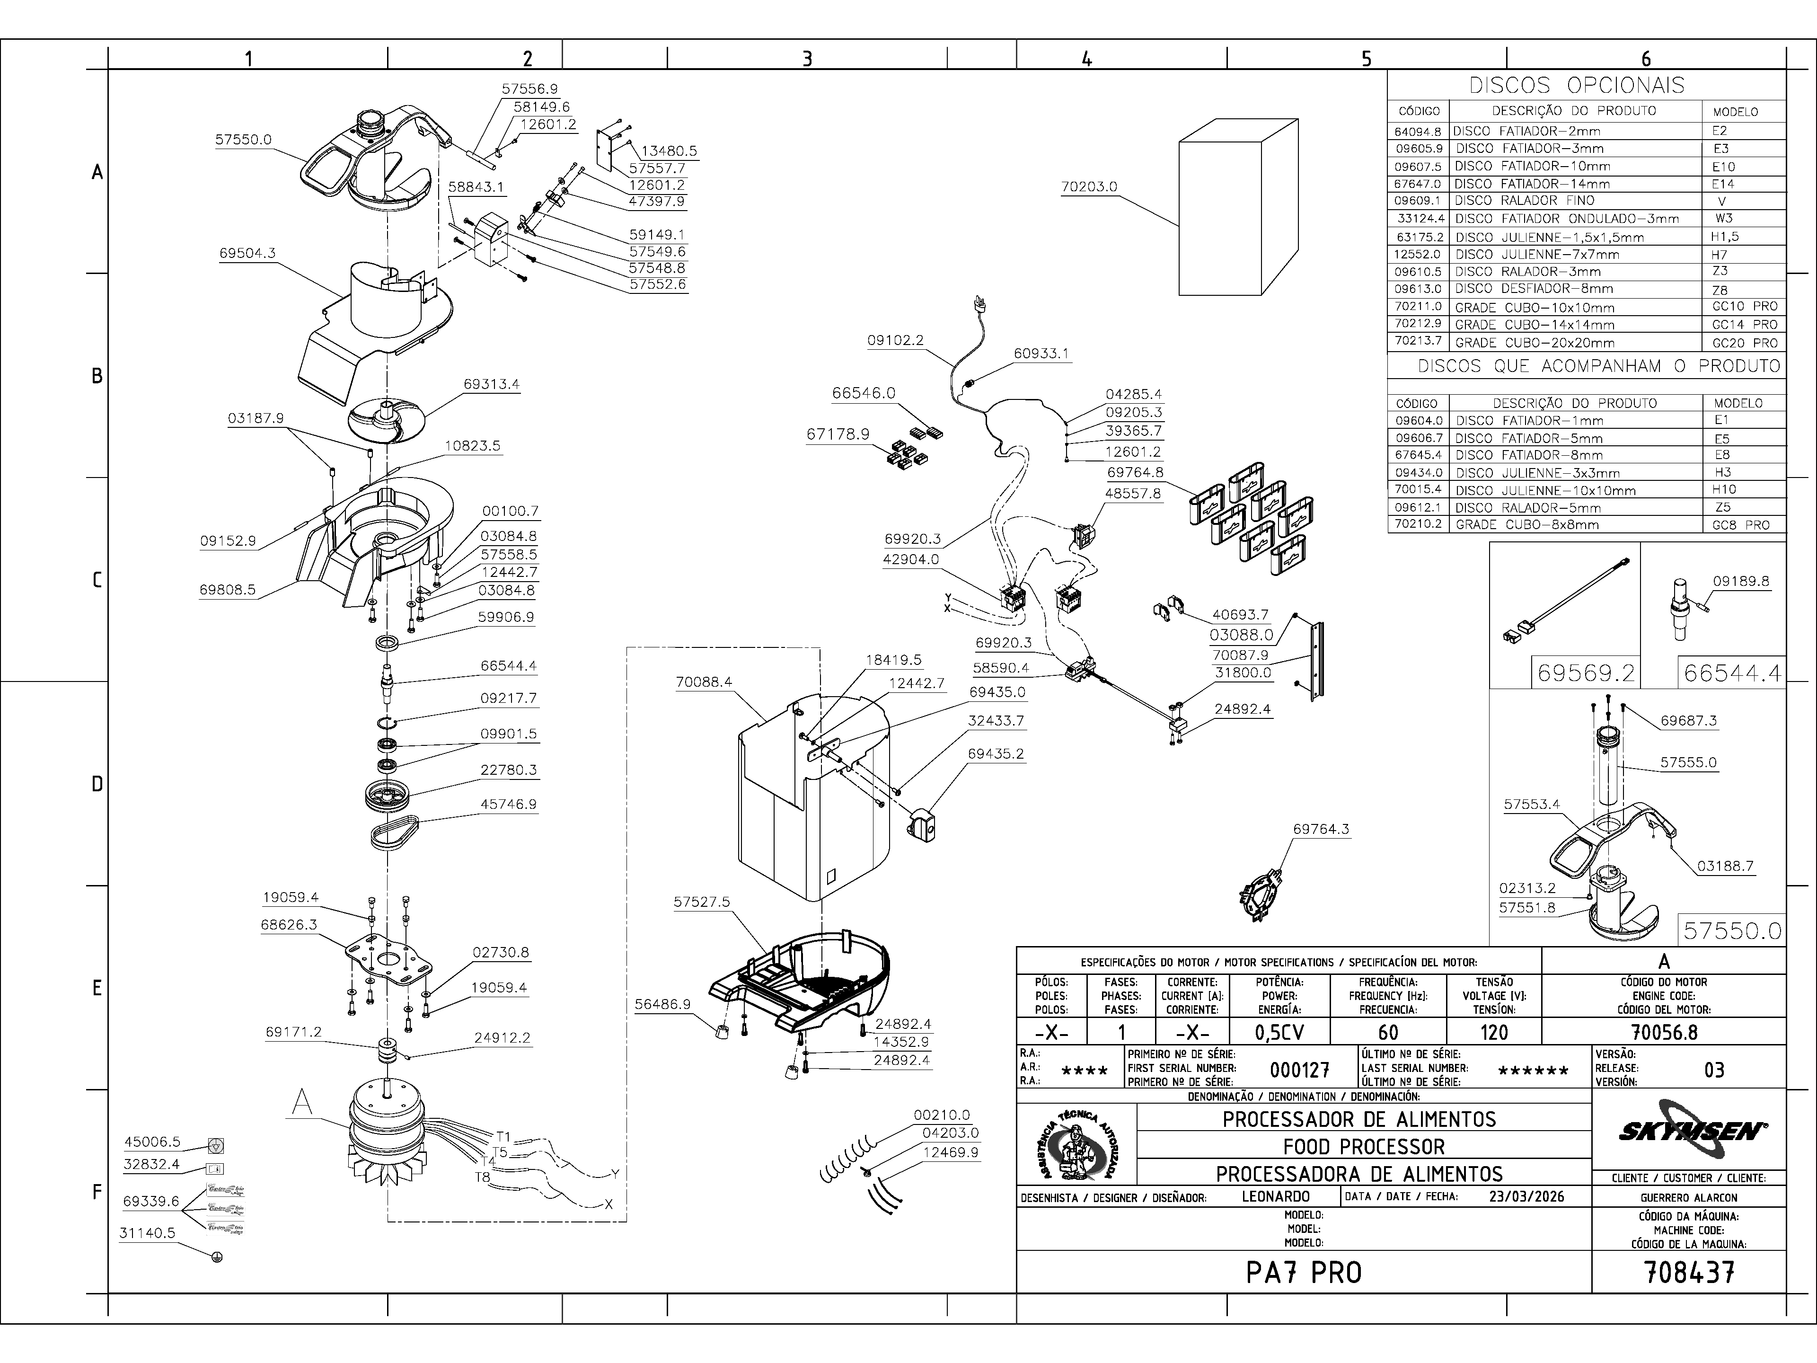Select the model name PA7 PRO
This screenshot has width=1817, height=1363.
(x=1304, y=1273)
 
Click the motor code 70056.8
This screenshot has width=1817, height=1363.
(x=1663, y=1032)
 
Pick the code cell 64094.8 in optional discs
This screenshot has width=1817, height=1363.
(x=1418, y=131)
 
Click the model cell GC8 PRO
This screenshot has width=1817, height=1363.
(x=1741, y=525)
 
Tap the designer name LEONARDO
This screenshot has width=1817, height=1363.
(x=1276, y=1196)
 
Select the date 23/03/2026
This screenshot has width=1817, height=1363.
(x=1526, y=1196)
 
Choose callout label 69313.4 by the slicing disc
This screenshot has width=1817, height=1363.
(x=491, y=384)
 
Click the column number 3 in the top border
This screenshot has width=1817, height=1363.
(x=807, y=58)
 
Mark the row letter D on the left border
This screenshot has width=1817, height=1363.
(x=97, y=784)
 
